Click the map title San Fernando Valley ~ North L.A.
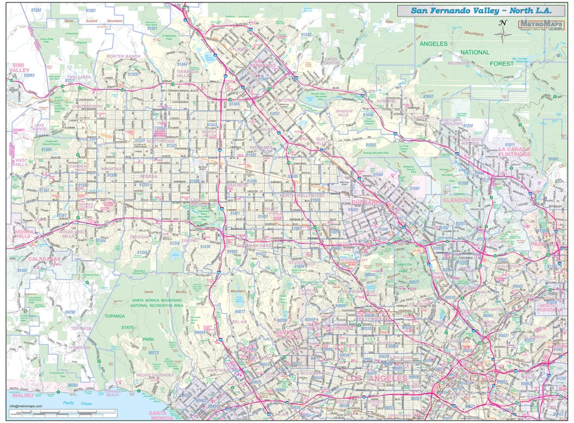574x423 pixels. pyautogui.click(x=481, y=11)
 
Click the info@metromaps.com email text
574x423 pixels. pyautogui.click(x=26, y=407)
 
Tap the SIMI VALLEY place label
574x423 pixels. pyautogui.click(x=19, y=67)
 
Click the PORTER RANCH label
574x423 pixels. pyautogui.click(x=123, y=56)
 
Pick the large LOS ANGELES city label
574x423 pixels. pyautogui.click(x=377, y=378)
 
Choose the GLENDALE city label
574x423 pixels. pyautogui.click(x=457, y=200)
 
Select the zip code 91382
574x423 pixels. pyautogui.click(x=36, y=10)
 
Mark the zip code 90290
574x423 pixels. pyautogui.click(x=70, y=312)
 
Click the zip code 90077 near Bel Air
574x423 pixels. pyautogui.click(x=240, y=311)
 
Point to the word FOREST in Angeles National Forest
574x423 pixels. pyautogui.click(x=502, y=63)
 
